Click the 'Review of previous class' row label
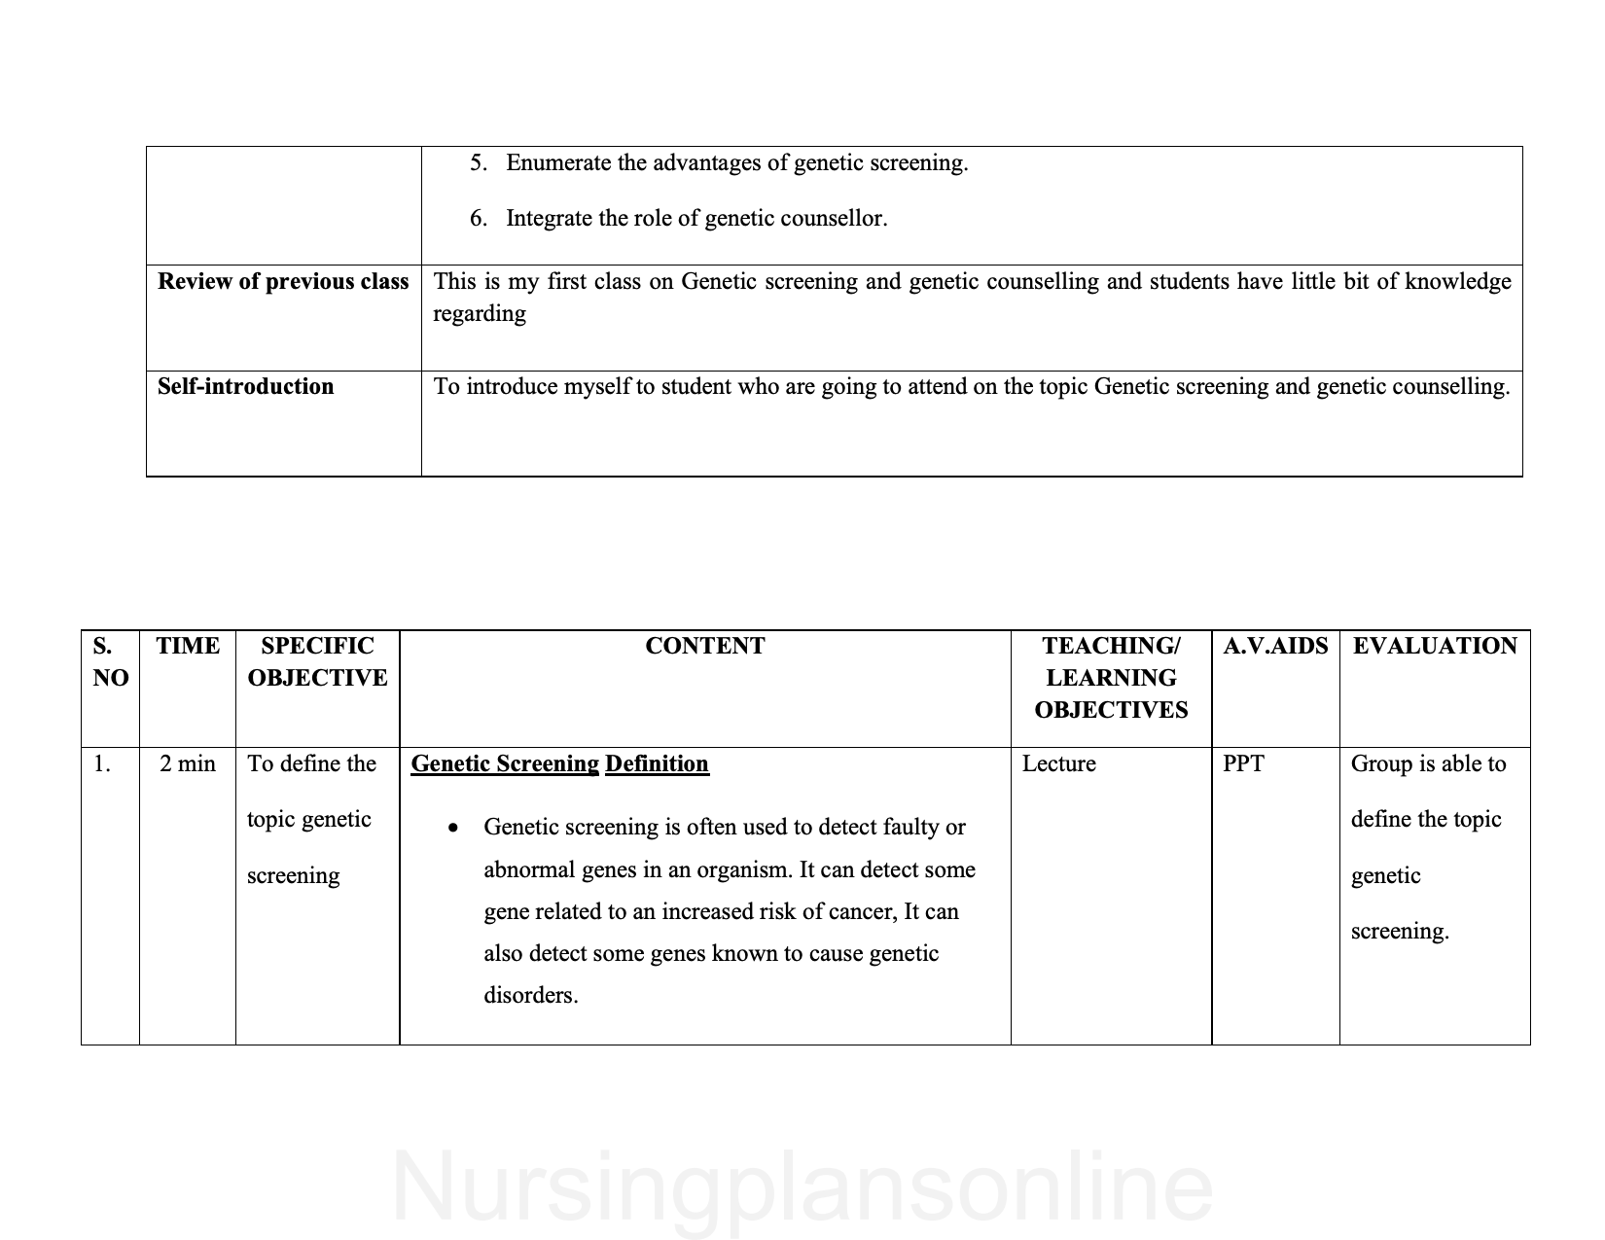pyautogui.click(x=283, y=282)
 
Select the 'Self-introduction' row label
pyautogui.click(x=245, y=387)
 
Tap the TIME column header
pyautogui.click(x=188, y=647)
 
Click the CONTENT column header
pyautogui.click(x=704, y=647)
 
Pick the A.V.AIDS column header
pyautogui.click(x=1275, y=647)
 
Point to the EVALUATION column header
pyautogui.click(x=1435, y=647)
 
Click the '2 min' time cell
pyautogui.click(x=188, y=764)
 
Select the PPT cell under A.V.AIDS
pyautogui.click(x=1243, y=764)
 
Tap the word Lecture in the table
pyautogui.click(x=1058, y=764)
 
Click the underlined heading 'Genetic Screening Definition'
pyautogui.click(x=559, y=764)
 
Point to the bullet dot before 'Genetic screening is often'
pyautogui.click(x=453, y=829)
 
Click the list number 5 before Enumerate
pyautogui.click(x=478, y=163)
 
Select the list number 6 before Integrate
pyautogui.click(x=478, y=219)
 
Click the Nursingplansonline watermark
pyautogui.click(x=802, y=1187)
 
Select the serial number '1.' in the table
pyautogui.click(x=102, y=764)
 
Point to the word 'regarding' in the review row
pyautogui.click(x=480, y=314)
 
